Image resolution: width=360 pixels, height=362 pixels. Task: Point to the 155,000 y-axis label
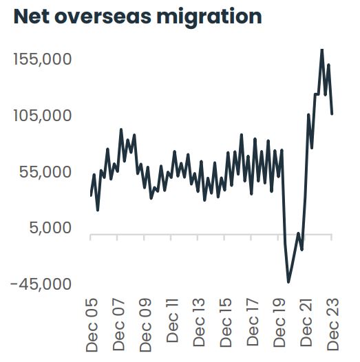(43, 59)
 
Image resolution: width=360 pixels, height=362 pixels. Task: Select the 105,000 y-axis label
(43, 116)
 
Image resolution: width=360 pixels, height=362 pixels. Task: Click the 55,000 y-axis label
(47, 171)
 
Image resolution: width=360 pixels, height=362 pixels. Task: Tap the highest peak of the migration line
(321, 49)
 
